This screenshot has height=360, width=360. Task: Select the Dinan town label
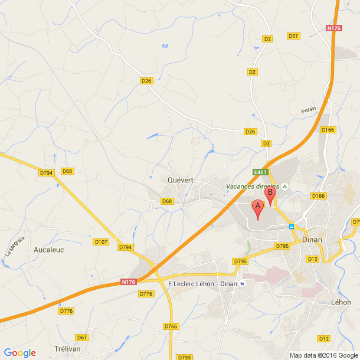[312, 240]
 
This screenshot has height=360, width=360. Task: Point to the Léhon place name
[342, 302]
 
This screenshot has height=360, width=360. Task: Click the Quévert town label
[180, 181]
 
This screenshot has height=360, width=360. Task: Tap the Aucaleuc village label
[48, 250]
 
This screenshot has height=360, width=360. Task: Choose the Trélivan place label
[67, 348]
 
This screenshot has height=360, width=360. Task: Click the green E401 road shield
[260, 172]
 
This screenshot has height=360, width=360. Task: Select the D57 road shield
[293, 36]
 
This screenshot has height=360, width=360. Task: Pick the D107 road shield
[101, 242]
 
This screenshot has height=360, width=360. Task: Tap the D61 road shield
[82, 338]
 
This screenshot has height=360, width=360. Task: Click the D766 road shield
[171, 326]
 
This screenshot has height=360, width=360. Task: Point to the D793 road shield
[185, 357]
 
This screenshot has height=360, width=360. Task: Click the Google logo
[19, 353]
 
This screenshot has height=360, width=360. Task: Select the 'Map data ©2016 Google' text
[323, 355]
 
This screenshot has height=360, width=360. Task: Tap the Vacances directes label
[253, 186]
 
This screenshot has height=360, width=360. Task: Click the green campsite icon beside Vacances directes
[284, 186]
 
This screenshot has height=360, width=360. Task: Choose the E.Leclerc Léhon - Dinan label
[202, 284]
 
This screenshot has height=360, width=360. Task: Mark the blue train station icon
[291, 226]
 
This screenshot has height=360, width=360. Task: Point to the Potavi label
[309, 110]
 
